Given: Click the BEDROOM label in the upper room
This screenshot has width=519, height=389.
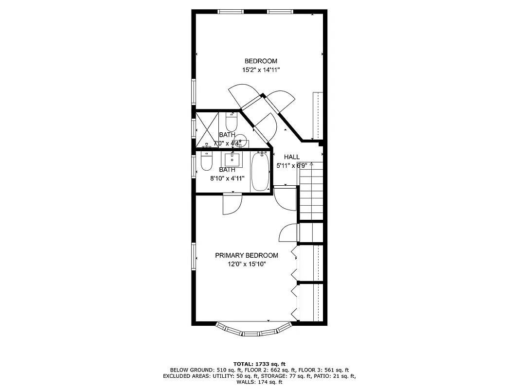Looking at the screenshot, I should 261,61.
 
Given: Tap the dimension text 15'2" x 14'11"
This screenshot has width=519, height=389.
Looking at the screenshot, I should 261,70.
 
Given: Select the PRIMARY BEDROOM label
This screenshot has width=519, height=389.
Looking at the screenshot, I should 247,255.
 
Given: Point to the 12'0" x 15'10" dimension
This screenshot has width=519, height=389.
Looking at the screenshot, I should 247,264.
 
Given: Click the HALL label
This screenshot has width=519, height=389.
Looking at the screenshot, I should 292,157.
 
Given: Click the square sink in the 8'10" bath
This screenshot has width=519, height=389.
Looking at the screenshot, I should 233,159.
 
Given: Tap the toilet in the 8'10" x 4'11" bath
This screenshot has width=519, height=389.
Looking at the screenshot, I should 206,162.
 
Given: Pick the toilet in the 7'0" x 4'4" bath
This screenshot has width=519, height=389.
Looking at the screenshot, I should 231,120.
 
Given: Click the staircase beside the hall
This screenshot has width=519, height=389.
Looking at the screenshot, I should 311,192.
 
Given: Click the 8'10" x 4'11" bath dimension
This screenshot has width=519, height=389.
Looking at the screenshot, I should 227,178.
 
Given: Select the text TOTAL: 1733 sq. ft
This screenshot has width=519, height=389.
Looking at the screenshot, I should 259,364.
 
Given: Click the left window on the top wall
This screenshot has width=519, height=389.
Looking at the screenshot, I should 231,11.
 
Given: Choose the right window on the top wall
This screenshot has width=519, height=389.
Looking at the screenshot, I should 280,11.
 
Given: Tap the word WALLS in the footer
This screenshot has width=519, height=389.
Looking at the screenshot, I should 246,382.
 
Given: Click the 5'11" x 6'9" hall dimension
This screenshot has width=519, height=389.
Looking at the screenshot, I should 292,165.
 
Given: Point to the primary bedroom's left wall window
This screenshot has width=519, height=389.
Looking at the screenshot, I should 194,256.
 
